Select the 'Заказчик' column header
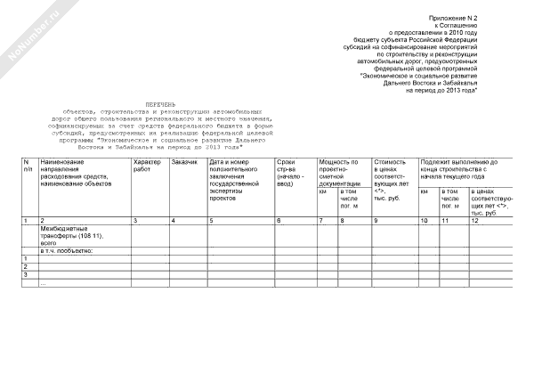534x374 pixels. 184,162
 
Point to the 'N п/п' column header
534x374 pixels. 28,167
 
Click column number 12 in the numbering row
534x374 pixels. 475,220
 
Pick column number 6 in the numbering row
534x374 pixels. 279,220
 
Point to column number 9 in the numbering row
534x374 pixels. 376,220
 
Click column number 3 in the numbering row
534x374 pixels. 134,220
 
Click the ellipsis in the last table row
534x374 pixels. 43,282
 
